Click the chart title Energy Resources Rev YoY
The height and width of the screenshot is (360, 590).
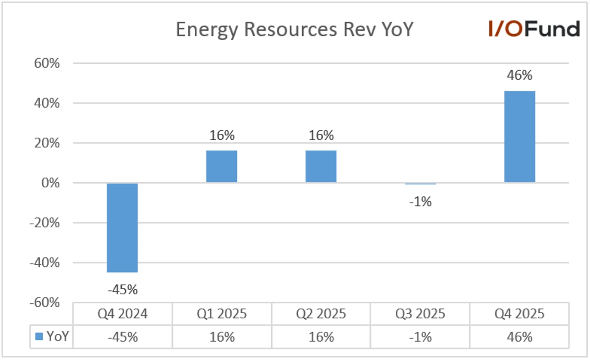coord(295,30)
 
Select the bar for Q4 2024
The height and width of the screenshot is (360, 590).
coord(122,228)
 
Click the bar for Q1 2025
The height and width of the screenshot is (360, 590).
coord(222,166)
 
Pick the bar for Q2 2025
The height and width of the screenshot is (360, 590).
coord(321,166)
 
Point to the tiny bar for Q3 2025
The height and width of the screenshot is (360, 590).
coord(421,183)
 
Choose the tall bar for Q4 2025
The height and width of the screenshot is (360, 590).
coord(520,136)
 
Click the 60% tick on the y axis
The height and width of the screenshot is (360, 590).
coord(47,63)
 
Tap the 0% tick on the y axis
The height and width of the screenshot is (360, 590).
coord(50,183)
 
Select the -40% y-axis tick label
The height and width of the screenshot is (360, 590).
coord(45,263)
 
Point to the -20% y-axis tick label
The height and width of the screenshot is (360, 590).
coord(45,223)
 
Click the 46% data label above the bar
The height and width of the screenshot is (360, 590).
coord(520,75)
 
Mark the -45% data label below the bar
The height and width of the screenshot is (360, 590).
coord(123,290)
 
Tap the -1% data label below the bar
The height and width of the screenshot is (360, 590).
coord(421,202)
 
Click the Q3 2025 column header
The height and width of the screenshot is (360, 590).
coord(420,314)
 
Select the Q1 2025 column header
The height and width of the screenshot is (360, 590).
coord(222,314)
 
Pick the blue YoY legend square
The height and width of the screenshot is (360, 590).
coord(39,336)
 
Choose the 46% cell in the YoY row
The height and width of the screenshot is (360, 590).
coord(520,337)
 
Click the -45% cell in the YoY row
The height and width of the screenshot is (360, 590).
coord(123,337)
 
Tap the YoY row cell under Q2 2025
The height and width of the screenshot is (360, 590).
coord(321,337)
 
